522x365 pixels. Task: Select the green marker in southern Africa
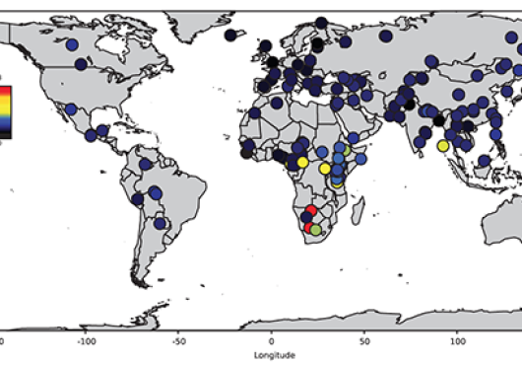pyautogui.click(x=316, y=229)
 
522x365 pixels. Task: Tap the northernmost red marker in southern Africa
pyautogui.click(x=312, y=211)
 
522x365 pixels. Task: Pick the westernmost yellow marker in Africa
pyautogui.click(x=302, y=161)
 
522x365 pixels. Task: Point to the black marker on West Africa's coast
pyautogui.click(x=246, y=153)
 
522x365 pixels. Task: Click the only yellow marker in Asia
pyautogui.click(x=443, y=145)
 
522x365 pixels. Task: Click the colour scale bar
pyautogui.click(x=5, y=109)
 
